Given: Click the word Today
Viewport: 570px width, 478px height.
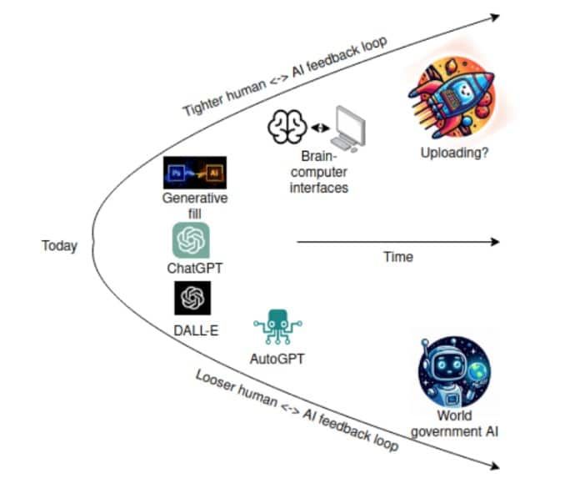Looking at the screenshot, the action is pos(59,246).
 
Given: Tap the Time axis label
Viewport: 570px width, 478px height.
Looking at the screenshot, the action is pos(398,257).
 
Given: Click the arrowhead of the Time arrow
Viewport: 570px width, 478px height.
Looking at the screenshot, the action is pos(495,242).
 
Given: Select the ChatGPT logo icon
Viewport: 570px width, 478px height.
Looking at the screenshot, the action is pos(191,240).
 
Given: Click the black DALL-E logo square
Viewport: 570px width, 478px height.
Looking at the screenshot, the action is pos(192,298).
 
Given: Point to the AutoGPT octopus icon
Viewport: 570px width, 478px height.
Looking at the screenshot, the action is pos(277,326).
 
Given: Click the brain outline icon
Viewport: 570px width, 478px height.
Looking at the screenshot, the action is pos(287,127).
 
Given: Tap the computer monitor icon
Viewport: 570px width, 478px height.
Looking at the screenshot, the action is pos(348,128).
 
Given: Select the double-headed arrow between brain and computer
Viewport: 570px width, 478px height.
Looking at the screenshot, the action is pos(320,128).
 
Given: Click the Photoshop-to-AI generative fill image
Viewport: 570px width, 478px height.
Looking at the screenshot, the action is pos(195,173).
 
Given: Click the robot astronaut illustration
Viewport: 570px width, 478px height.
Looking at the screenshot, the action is pos(454,372).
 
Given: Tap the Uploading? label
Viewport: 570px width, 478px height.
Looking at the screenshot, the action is pos(454,153).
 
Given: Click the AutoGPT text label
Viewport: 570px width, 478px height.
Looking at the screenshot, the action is pos(277,359).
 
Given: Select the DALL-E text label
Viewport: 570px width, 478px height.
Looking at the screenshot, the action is pos(197,330).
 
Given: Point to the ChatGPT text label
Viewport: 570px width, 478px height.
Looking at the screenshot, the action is pos(195,268).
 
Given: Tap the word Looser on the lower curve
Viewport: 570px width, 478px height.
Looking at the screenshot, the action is pos(217,381).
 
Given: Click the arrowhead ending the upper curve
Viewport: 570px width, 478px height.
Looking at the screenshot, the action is pos(495,17).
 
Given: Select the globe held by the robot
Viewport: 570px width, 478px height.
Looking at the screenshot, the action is pos(478,373).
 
